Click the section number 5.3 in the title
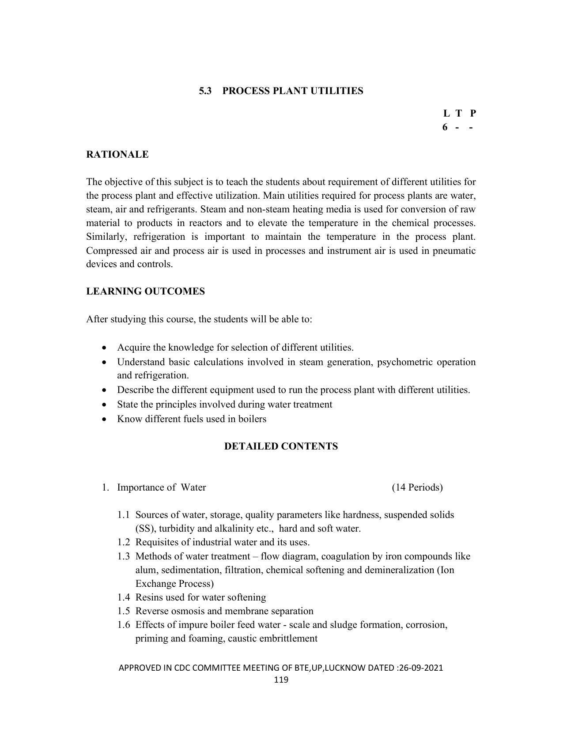[205, 91]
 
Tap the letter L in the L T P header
[446, 113]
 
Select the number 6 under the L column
[445, 128]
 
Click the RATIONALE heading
[117, 155]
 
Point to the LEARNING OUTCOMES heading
[145, 291]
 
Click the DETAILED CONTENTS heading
[281, 446]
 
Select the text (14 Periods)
[417, 487]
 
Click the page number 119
[281, 680]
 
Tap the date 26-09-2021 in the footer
[420, 668]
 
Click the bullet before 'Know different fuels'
[104, 419]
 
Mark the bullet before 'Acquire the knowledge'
[104, 348]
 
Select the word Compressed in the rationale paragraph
[112, 251]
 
